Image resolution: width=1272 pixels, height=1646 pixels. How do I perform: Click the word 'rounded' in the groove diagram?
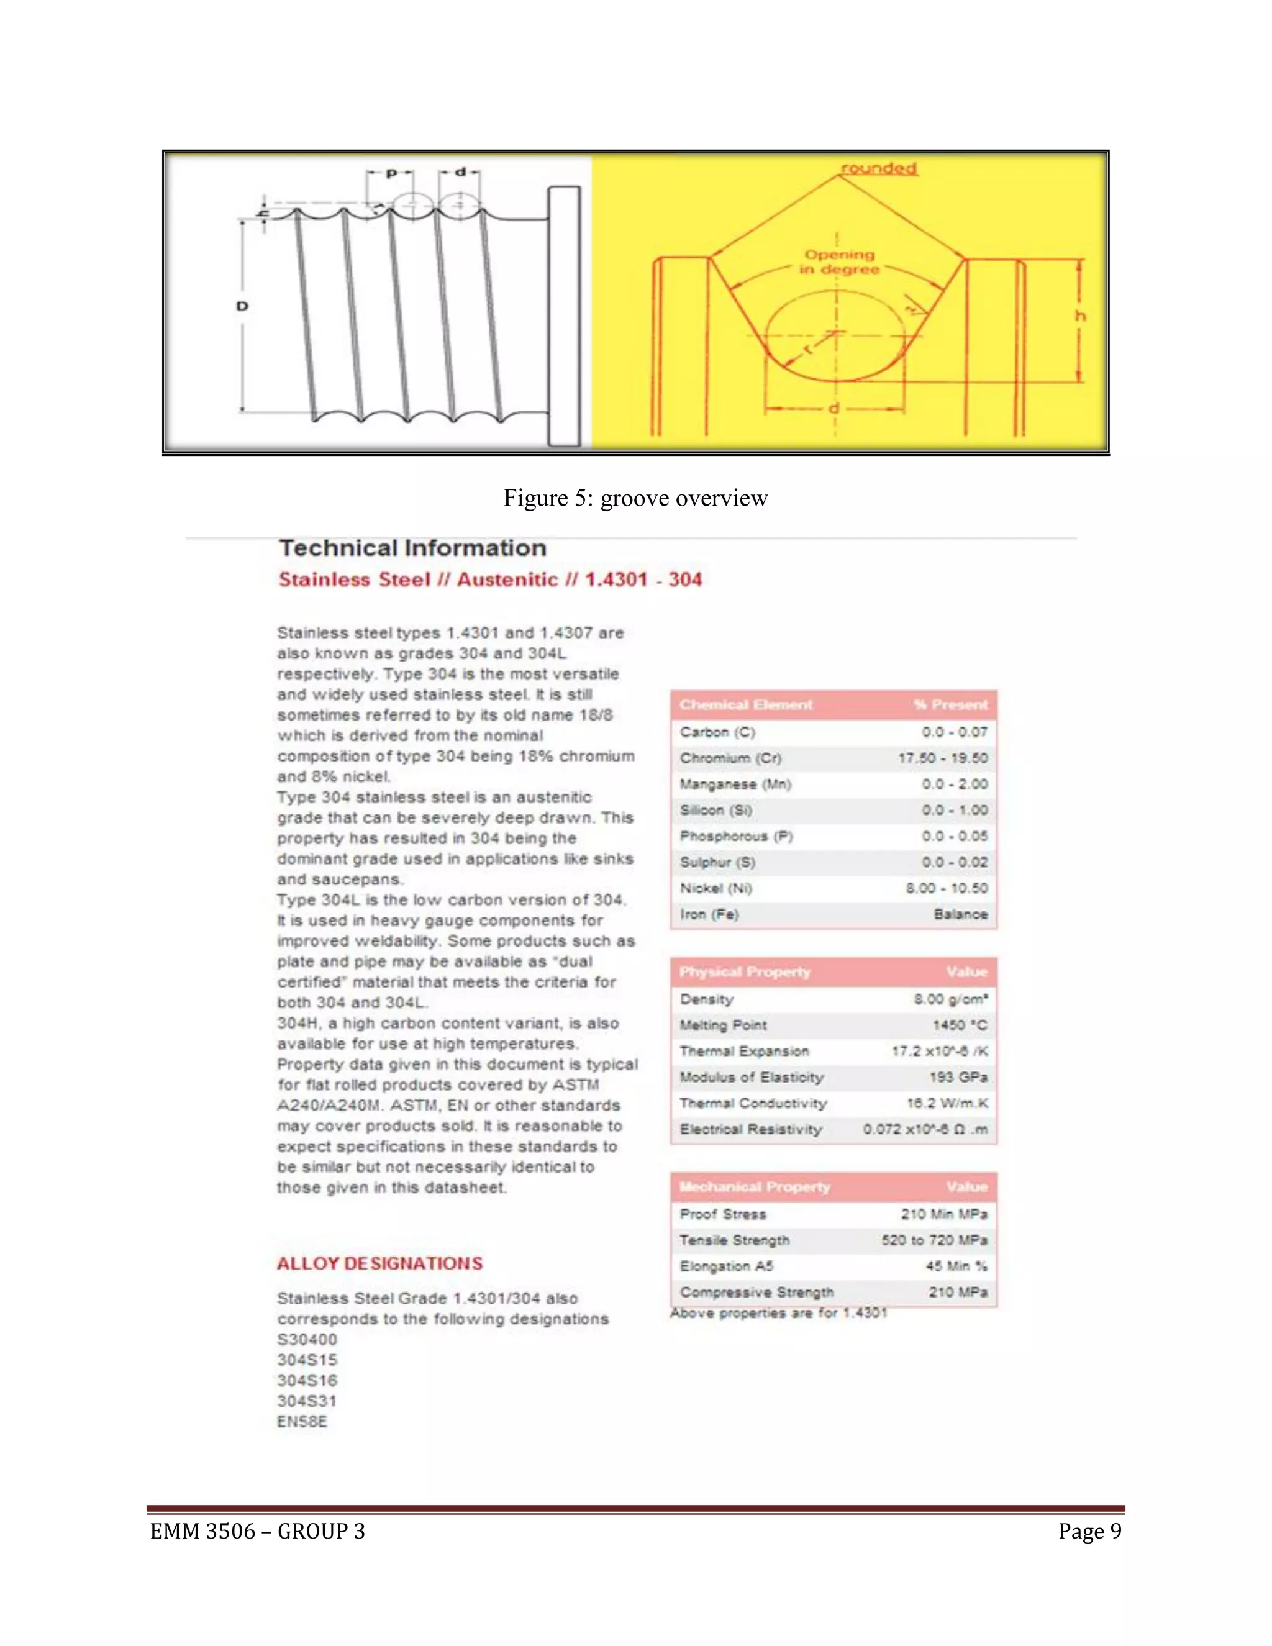(879, 169)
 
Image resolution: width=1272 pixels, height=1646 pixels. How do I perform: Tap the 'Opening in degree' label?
(840, 262)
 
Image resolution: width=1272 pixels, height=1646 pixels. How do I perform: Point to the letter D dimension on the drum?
(242, 307)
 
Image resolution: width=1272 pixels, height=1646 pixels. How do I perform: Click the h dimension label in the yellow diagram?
(1081, 316)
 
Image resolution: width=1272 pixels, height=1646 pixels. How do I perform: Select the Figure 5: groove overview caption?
(635, 498)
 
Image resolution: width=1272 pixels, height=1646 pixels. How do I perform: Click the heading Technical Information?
(412, 548)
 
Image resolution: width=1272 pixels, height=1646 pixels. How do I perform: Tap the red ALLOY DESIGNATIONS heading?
(379, 1264)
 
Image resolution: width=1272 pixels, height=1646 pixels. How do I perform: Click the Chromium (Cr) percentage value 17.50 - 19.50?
(942, 758)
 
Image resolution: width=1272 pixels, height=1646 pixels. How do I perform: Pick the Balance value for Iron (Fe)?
(960, 914)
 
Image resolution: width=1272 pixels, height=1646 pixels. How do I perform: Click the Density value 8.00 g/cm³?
(950, 999)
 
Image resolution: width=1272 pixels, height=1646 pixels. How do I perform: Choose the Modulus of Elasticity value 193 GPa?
(958, 1078)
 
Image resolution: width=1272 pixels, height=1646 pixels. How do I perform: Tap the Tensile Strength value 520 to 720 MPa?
(934, 1240)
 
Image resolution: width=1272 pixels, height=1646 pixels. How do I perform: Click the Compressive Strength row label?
(756, 1293)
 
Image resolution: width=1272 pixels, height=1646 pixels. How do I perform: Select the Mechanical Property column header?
(754, 1187)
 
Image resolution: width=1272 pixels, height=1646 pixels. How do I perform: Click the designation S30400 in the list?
(307, 1340)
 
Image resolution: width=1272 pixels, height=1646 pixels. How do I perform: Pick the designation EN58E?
(302, 1422)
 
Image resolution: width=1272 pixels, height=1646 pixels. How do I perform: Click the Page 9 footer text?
(1089, 1532)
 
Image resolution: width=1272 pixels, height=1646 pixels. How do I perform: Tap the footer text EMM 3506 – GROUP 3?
(258, 1532)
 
